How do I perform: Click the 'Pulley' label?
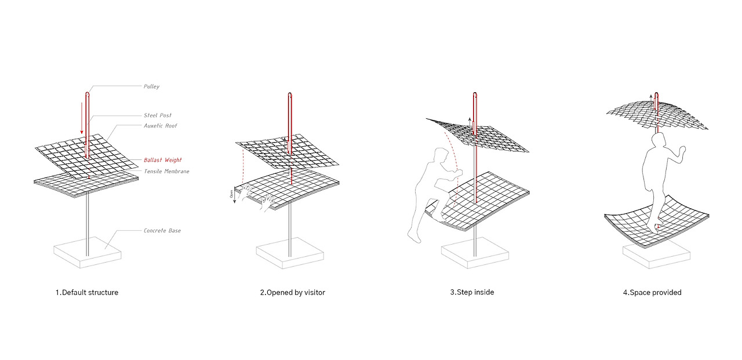(x=151, y=86)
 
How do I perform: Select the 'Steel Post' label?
(x=158, y=115)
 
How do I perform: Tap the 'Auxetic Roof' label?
(x=161, y=126)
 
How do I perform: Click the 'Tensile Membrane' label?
(x=166, y=171)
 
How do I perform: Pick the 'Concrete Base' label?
(x=162, y=231)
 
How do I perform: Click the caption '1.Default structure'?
(x=87, y=293)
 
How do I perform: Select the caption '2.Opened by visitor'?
(x=292, y=293)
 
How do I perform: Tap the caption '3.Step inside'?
(x=472, y=293)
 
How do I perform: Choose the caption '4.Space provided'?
(x=652, y=293)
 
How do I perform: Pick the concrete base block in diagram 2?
(x=290, y=254)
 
